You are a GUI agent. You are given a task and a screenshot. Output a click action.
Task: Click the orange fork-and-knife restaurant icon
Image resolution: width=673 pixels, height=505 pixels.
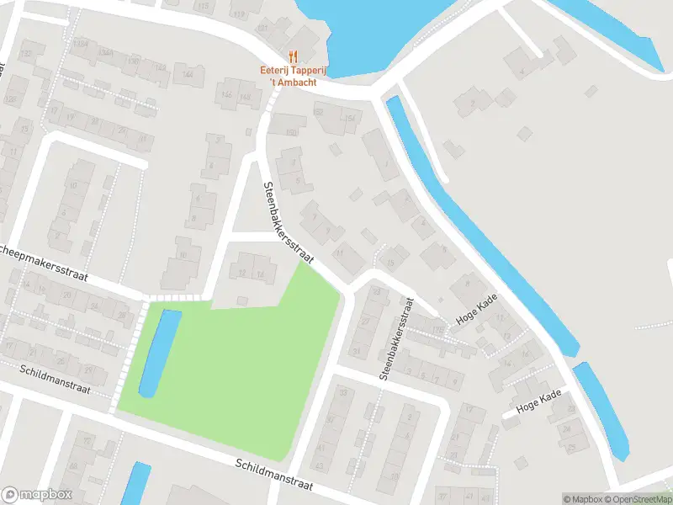coord(292,56)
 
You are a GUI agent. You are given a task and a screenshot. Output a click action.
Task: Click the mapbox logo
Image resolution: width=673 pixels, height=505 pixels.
coord(37,495)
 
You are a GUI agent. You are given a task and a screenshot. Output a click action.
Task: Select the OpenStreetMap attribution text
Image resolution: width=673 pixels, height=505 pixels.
coord(638,499)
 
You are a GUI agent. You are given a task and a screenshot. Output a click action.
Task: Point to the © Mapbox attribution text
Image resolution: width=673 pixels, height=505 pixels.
coord(583,499)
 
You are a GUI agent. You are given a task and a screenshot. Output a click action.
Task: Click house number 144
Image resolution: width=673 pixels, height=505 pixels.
coord(188,75)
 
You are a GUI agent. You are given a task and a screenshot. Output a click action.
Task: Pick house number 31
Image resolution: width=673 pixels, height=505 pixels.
coord(356,351)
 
